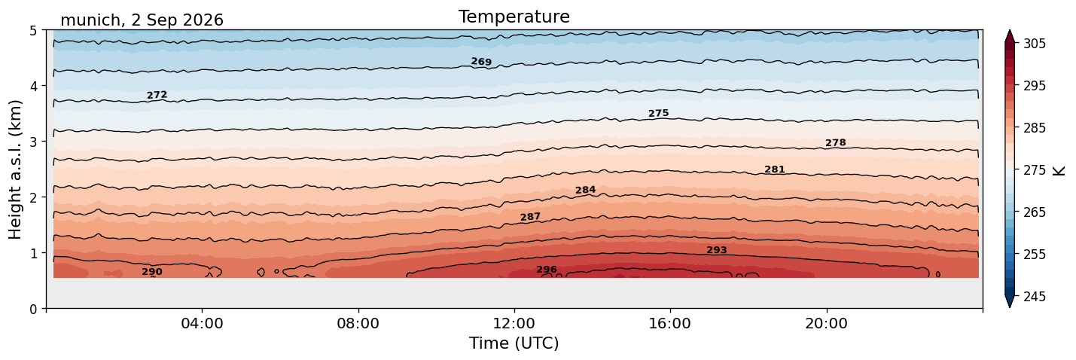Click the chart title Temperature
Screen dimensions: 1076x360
click(x=514, y=17)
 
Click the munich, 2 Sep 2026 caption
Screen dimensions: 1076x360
click(x=142, y=20)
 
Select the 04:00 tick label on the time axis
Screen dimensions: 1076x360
click(x=203, y=323)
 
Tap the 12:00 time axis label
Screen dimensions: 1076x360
click(x=514, y=323)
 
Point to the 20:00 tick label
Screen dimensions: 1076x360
click(x=826, y=323)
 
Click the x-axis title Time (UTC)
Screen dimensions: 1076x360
click(x=514, y=343)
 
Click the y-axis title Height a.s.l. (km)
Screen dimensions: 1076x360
click(x=15, y=169)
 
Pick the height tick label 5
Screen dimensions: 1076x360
click(x=33, y=31)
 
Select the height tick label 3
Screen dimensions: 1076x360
click(x=33, y=142)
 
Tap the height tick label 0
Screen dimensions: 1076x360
click(x=33, y=309)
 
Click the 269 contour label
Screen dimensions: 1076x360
click(x=481, y=62)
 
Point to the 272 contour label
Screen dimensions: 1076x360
click(x=157, y=95)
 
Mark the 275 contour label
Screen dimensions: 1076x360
click(x=659, y=114)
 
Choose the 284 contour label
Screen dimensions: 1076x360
click(x=586, y=190)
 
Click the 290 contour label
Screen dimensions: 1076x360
click(x=152, y=272)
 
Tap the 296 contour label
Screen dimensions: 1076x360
click(x=547, y=270)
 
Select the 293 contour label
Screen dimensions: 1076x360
click(x=717, y=250)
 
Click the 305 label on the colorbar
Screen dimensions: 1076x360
click(x=1034, y=44)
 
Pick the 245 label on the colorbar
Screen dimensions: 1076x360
click(x=1034, y=297)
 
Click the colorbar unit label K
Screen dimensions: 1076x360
click(x=1058, y=171)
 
